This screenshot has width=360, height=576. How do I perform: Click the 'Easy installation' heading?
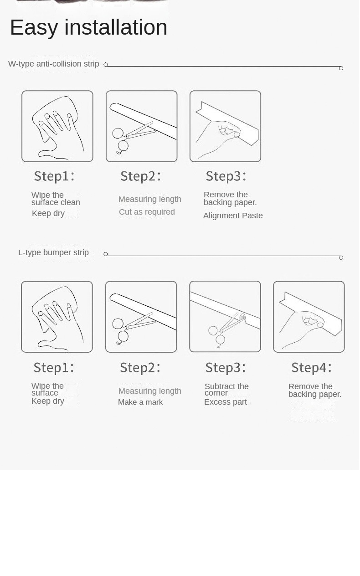[89, 27]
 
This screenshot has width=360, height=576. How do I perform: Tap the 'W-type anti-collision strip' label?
[53, 64]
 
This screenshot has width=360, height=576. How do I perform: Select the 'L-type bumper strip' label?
[53, 252]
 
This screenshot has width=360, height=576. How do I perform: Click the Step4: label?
[312, 367]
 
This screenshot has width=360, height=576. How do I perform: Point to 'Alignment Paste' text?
[233, 216]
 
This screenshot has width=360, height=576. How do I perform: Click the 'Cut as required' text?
[147, 212]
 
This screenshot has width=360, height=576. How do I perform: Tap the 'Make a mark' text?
[140, 402]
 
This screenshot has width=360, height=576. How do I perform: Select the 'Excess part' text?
[226, 402]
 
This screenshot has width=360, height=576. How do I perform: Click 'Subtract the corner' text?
[226, 390]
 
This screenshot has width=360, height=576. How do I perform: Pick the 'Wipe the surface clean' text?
[56, 199]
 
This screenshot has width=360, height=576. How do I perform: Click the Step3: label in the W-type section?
[226, 176]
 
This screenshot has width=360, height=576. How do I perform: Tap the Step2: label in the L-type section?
[140, 367]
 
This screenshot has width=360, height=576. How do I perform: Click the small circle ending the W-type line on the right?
[341, 68]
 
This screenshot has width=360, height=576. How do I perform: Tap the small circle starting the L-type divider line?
[105, 254]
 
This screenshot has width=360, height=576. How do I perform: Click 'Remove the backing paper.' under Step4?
[315, 391]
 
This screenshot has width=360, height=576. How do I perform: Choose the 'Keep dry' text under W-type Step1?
[48, 213]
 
